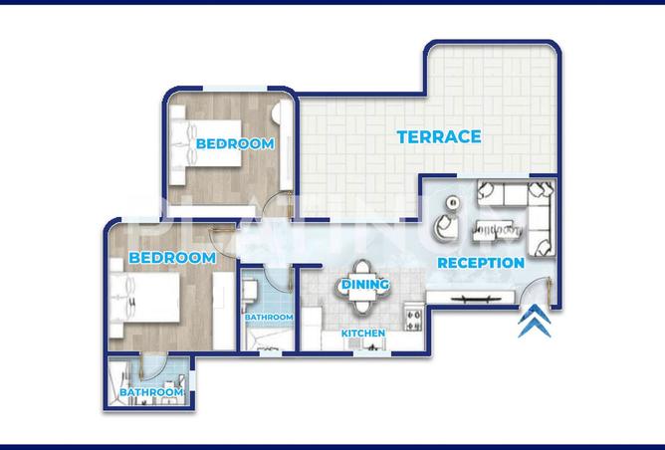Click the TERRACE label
pyautogui.click(x=439, y=137)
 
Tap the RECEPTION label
pyautogui.click(x=481, y=263)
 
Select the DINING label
pyautogui.click(x=365, y=284)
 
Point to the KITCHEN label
pyautogui.click(x=363, y=334)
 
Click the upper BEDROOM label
pyautogui.click(x=235, y=143)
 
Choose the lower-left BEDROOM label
pyautogui.click(x=172, y=258)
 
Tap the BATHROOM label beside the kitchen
pyautogui.click(x=269, y=317)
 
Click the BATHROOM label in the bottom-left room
pyautogui.click(x=151, y=392)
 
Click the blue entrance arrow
pyautogui.click(x=535, y=321)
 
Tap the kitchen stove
pyautogui.click(x=413, y=317)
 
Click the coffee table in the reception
pyautogui.click(x=498, y=231)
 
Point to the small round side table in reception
pyautogui.click(x=453, y=203)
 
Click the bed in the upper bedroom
pyautogui.click(x=206, y=142)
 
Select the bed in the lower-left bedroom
pyautogui.click(x=144, y=298)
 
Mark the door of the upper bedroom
pyautogui.click(x=277, y=206)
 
